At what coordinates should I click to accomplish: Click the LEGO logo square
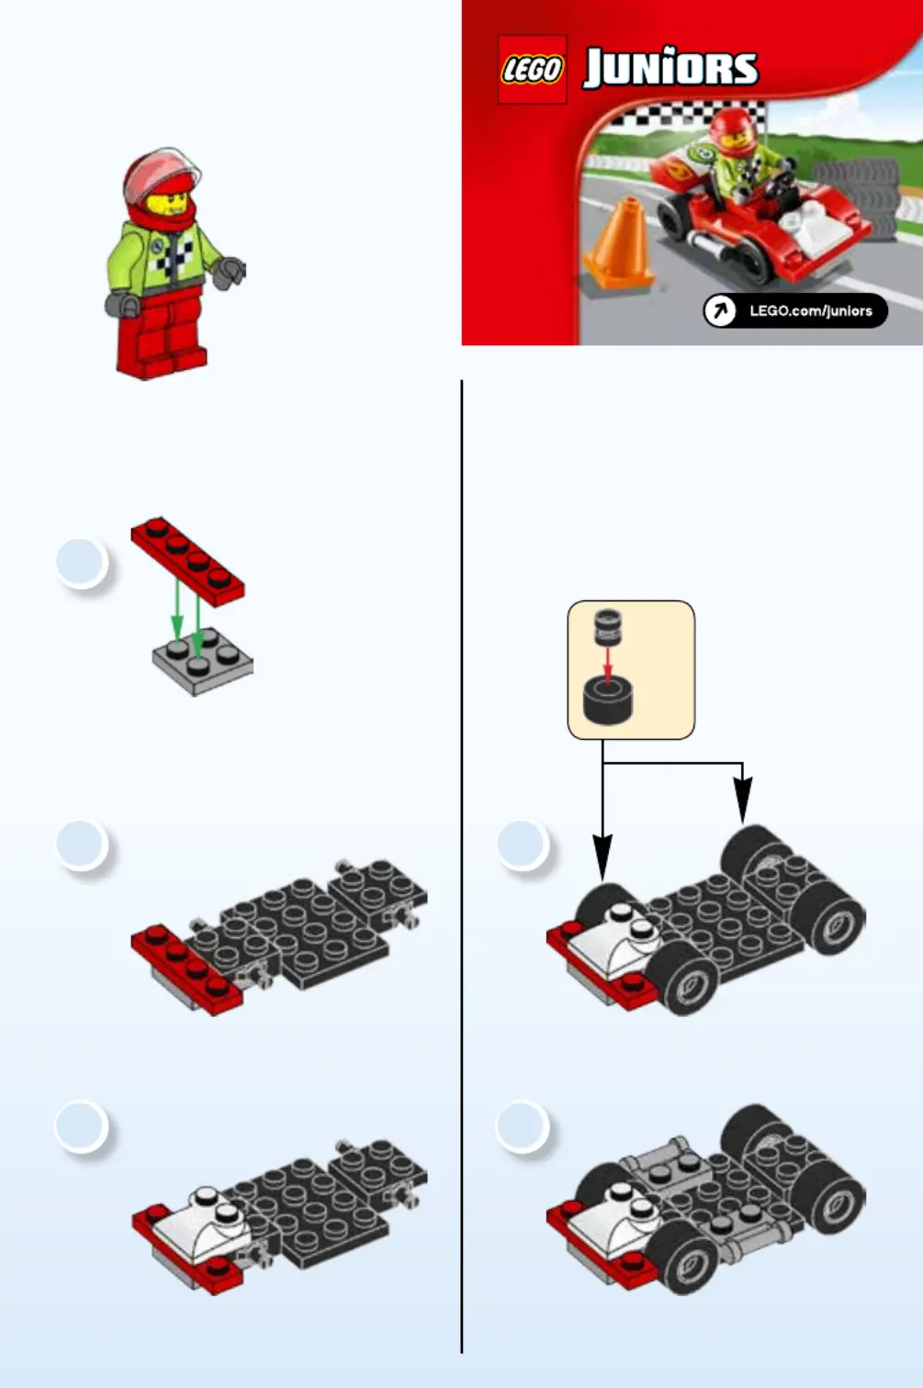click(x=532, y=69)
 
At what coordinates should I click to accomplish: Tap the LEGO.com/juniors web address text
click(x=811, y=311)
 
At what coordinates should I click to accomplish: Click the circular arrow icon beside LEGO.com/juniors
click(x=720, y=310)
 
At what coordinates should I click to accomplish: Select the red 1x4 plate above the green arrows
click(x=188, y=562)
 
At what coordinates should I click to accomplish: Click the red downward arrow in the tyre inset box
click(x=608, y=665)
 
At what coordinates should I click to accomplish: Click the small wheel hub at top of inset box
click(x=608, y=626)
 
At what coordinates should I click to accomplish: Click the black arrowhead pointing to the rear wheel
click(x=743, y=800)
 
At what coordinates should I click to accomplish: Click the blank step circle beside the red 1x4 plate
click(x=82, y=563)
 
